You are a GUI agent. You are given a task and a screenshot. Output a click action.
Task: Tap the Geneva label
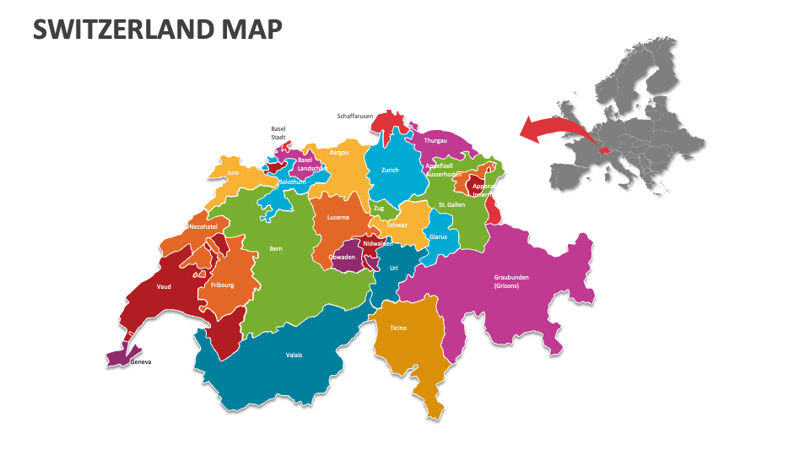(x=141, y=362)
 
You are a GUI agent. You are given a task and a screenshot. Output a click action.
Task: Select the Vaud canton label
(x=164, y=286)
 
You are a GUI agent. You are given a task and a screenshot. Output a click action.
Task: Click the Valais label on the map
(x=294, y=355)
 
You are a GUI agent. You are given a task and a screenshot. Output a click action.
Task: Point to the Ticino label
(x=398, y=328)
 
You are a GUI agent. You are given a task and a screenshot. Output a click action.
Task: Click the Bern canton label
(x=276, y=248)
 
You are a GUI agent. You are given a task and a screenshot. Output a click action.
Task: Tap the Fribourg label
(x=223, y=285)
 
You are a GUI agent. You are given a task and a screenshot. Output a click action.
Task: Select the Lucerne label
(x=338, y=217)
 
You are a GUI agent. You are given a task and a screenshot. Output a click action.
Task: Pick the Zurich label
(x=390, y=170)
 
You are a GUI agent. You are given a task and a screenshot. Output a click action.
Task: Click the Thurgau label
(x=435, y=140)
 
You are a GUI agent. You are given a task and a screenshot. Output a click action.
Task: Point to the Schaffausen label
(x=354, y=117)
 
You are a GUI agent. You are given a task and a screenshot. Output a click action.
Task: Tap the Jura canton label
(x=233, y=172)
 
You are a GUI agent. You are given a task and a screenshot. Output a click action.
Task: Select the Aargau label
(x=339, y=153)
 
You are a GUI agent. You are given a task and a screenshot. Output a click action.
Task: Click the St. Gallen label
(x=452, y=204)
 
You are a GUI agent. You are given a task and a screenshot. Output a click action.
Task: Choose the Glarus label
(x=438, y=236)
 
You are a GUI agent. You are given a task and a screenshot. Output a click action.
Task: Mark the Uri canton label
(x=393, y=268)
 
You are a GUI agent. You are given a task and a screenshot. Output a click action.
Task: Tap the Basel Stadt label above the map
(x=278, y=133)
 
